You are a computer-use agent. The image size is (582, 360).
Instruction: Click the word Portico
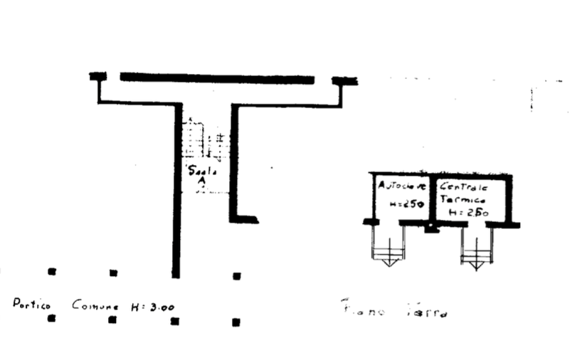(x=31, y=305)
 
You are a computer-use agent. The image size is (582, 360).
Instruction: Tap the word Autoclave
(x=401, y=186)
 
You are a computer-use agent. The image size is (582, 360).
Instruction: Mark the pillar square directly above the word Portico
(x=51, y=272)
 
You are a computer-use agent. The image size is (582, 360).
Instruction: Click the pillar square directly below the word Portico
(x=51, y=319)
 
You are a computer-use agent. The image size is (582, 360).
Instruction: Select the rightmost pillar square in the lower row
(x=236, y=322)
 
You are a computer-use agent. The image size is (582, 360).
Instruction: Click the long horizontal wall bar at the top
(x=217, y=76)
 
